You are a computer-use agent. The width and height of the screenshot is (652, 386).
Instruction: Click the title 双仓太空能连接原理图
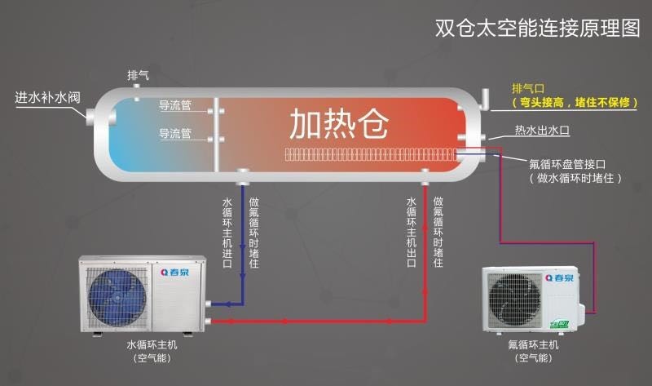point(538,28)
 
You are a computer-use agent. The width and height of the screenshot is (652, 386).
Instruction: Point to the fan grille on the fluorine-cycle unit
point(517,298)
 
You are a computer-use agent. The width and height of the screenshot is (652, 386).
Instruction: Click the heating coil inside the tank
point(368,153)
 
